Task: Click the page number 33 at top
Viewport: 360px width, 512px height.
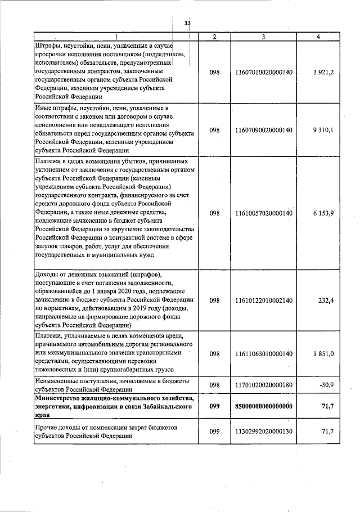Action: click(x=187, y=23)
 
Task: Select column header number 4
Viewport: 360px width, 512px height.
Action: click(x=318, y=37)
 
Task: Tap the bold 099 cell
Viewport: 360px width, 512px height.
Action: click(x=214, y=406)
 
